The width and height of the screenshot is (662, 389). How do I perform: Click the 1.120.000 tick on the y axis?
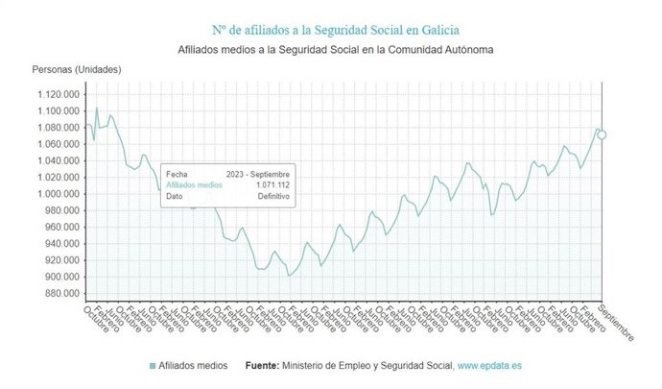pos(59,94)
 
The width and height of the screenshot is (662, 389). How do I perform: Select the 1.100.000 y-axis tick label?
pos(59,111)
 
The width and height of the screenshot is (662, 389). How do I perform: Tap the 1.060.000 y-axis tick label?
pos(59,144)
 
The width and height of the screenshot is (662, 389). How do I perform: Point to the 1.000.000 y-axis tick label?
pos(59,194)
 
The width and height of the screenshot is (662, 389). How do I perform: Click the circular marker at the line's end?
pos(602,134)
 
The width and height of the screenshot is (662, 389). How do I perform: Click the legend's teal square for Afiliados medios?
pos(154,366)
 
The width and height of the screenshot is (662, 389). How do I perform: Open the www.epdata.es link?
pos(489,366)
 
